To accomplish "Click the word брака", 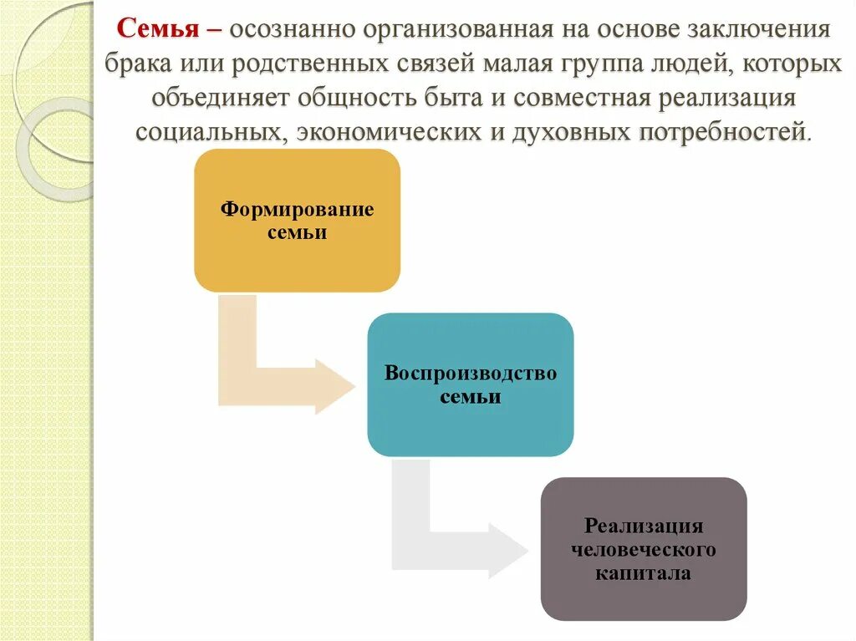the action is tap(137, 64).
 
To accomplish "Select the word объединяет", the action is tap(219, 98).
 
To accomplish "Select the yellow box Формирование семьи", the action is tap(297, 221).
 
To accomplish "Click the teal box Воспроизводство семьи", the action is tap(471, 384).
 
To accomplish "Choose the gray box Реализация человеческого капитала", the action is tap(644, 549).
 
